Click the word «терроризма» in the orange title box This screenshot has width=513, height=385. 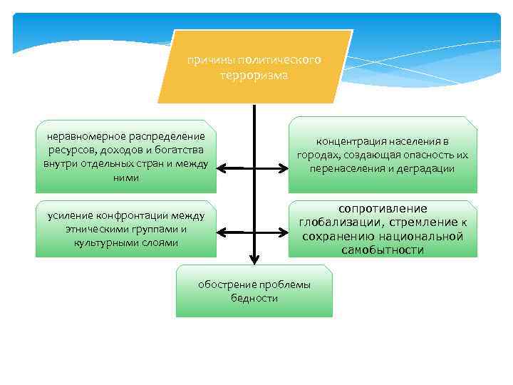click(x=254, y=75)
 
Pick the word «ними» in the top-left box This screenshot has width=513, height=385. click(x=125, y=178)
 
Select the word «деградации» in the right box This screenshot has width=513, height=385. click(x=426, y=169)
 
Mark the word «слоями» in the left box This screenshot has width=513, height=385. click(x=162, y=242)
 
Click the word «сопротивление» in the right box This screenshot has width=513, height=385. click(x=383, y=208)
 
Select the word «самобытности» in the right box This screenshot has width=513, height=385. click(x=383, y=250)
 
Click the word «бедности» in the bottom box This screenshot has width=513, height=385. click(x=254, y=298)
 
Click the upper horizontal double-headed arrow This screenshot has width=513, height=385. click(x=252, y=170)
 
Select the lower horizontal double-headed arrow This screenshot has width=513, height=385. click(x=252, y=232)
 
